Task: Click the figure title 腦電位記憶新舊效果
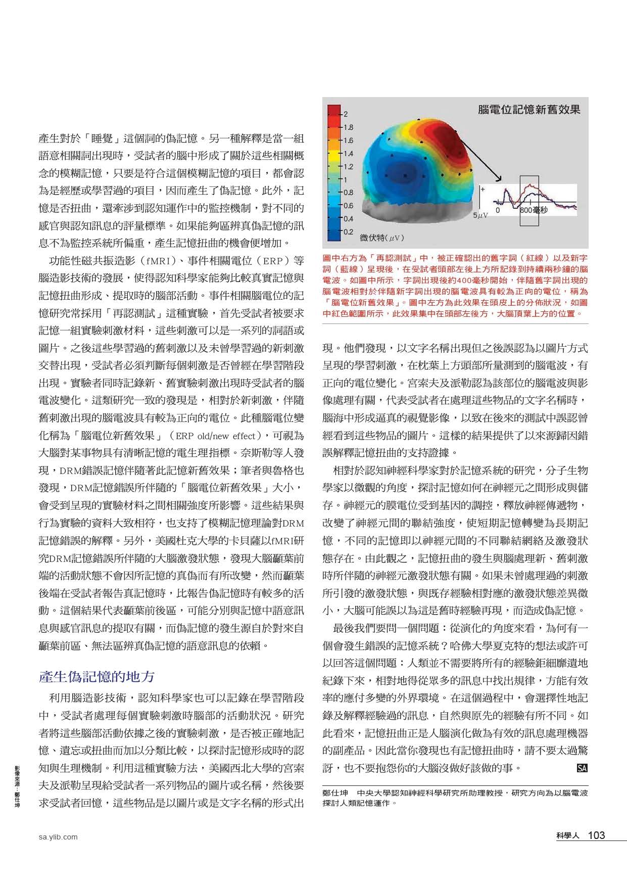click(x=528, y=109)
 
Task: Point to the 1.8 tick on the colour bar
click(x=348, y=127)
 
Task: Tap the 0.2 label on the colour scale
click(x=348, y=232)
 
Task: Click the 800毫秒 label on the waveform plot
click(x=534, y=209)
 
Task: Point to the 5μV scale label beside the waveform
click(x=480, y=215)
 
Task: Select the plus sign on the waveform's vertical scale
click(x=483, y=189)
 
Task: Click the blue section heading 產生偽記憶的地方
click(x=97, y=677)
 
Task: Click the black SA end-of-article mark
click(x=582, y=769)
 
